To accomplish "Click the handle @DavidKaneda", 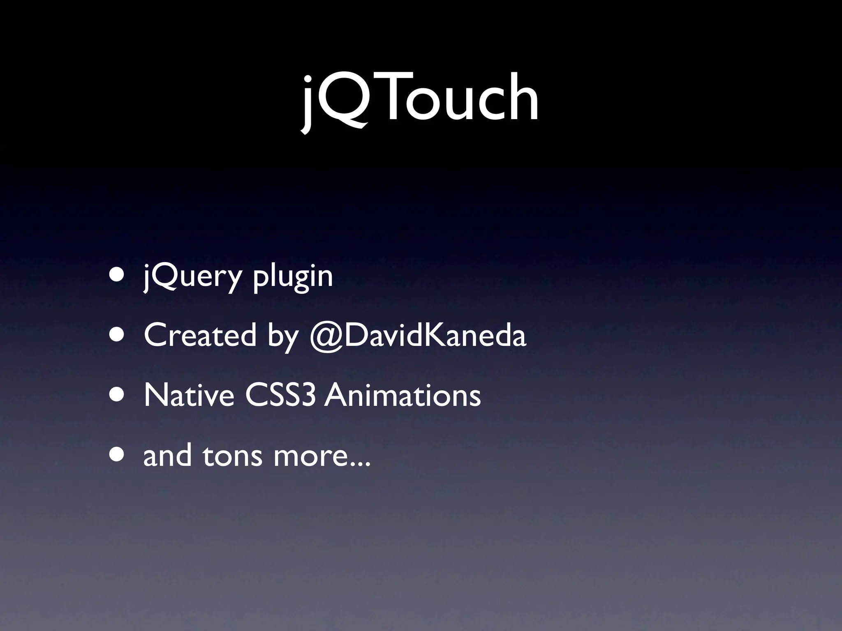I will (417, 335).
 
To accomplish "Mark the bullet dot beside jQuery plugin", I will (118, 275).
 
